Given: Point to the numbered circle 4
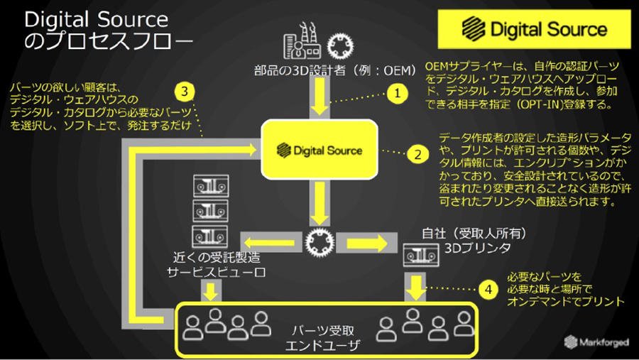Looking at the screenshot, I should click(488, 289).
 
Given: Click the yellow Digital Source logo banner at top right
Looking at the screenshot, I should click(533, 30).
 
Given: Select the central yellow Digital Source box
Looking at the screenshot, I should click(319, 149).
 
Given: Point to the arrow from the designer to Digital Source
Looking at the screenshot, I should click(319, 97).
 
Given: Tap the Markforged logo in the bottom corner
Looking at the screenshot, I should click(596, 342).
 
